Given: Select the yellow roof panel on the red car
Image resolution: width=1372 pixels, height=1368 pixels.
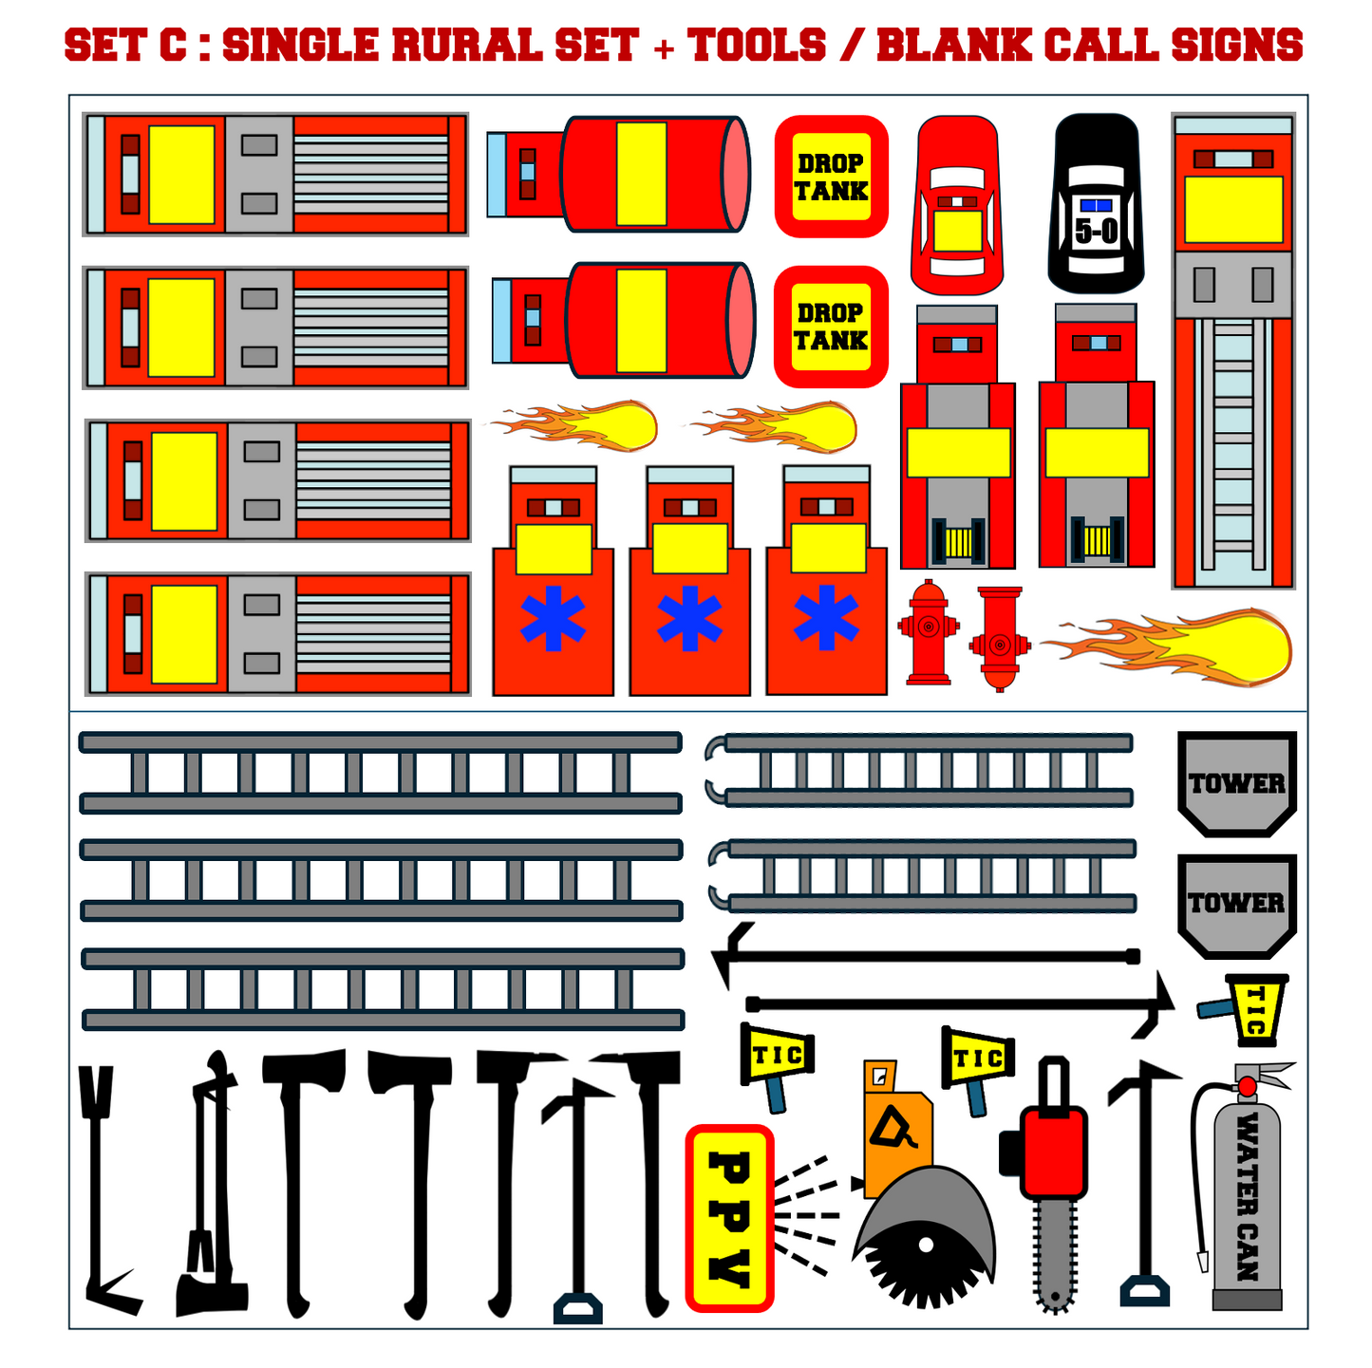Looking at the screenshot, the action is (x=957, y=231).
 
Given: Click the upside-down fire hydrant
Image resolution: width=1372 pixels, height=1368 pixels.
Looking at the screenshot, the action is (x=999, y=638).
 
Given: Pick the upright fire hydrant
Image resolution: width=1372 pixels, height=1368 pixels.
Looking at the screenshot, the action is (x=928, y=632).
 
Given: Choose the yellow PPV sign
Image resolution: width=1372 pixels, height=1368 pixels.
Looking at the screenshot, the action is (x=728, y=1217).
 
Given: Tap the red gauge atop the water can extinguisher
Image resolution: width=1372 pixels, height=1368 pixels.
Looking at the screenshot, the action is (x=1247, y=1087).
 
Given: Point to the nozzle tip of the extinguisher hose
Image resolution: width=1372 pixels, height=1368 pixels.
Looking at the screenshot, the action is (x=1203, y=1261).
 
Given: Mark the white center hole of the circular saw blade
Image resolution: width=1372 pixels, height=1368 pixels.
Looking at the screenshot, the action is (x=926, y=1244).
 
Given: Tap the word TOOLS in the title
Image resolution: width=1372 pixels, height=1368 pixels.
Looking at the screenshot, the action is (x=756, y=45).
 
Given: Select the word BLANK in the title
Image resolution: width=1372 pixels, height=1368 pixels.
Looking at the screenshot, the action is (x=953, y=45).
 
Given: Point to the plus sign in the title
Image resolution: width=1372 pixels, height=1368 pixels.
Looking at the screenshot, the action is (x=664, y=47).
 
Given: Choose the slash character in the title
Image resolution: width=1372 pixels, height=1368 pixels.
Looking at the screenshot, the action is (x=851, y=45).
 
